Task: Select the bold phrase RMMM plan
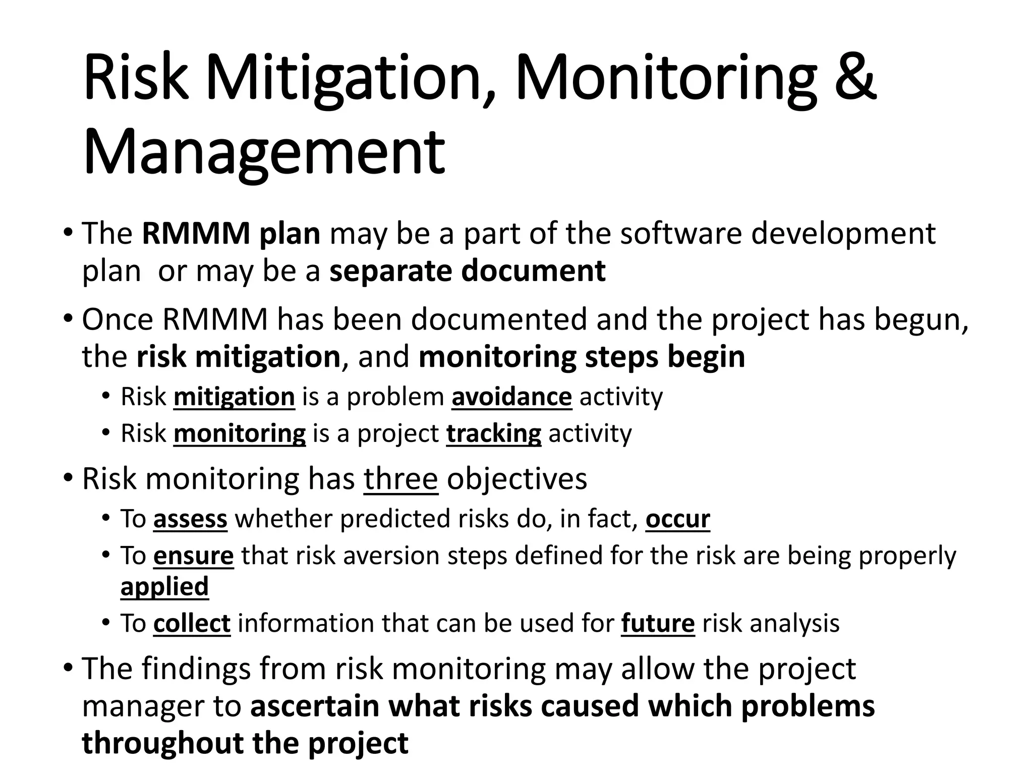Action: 231,234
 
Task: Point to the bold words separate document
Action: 467,271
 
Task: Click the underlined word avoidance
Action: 511,397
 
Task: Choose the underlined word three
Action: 400,479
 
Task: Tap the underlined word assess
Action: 190,519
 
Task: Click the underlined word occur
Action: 677,519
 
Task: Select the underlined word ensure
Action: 193,556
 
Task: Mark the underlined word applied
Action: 164,587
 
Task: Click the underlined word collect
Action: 192,624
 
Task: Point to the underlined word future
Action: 658,624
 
